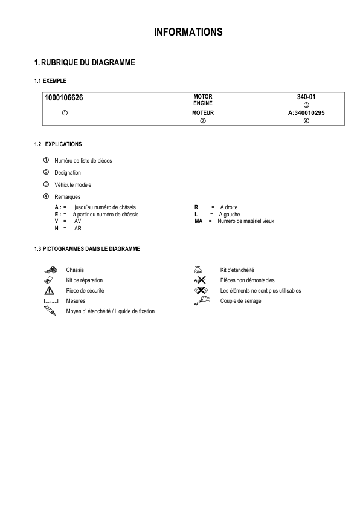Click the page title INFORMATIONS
click(x=188, y=32)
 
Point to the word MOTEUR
click(x=203, y=113)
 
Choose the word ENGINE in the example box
click(x=203, y=103)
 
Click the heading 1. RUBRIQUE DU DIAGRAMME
click(x=85, y=62)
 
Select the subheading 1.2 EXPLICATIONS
click(x=58, y=144)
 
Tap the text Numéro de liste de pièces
click(x=83, y=161)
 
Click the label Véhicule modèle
click(x=72, y=184)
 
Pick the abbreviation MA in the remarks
click(x=198, y=221)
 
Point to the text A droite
click(x=229, y=207)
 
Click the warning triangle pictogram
click(x=50, y=290)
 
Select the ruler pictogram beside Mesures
click(x=50, y=301)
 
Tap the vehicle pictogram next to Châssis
click(x=50, y=270)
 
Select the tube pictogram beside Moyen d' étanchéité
click(x=50, y=311)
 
